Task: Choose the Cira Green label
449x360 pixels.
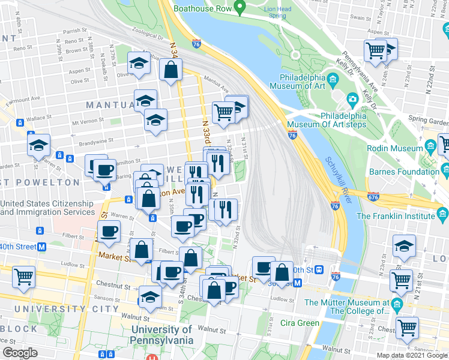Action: [300, 323]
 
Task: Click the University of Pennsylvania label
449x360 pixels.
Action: [162, 335]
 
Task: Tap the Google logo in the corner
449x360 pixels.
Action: [20, 353]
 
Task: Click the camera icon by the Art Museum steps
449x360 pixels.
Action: [352, 98]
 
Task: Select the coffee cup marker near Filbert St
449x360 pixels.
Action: [109, 232]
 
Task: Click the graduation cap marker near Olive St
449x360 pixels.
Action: [139, 63]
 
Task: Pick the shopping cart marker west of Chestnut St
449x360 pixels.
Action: [23, 277]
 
